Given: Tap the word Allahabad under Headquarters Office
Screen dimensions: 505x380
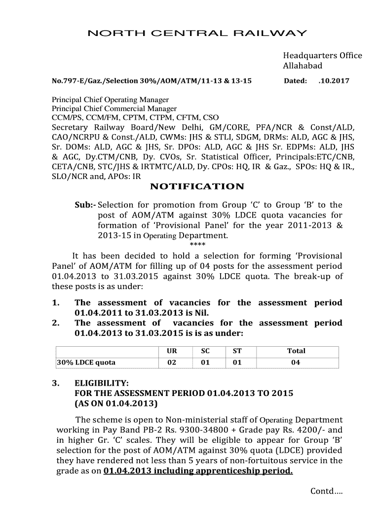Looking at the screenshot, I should (x=302, y=66).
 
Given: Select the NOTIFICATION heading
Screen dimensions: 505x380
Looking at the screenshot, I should (x=197, y=186).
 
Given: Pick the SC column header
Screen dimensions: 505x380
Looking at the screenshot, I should (x=205, y=351).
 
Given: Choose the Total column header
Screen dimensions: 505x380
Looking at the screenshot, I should (x=296, y=351).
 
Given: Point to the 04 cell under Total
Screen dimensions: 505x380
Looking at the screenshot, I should (x=296, y=362).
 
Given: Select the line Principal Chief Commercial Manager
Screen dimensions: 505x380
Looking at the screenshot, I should (x=114, y=108).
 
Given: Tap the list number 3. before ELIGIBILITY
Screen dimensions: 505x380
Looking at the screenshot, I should (x=56, y=383).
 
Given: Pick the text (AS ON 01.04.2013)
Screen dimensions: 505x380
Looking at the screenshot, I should (x=116, y=404).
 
